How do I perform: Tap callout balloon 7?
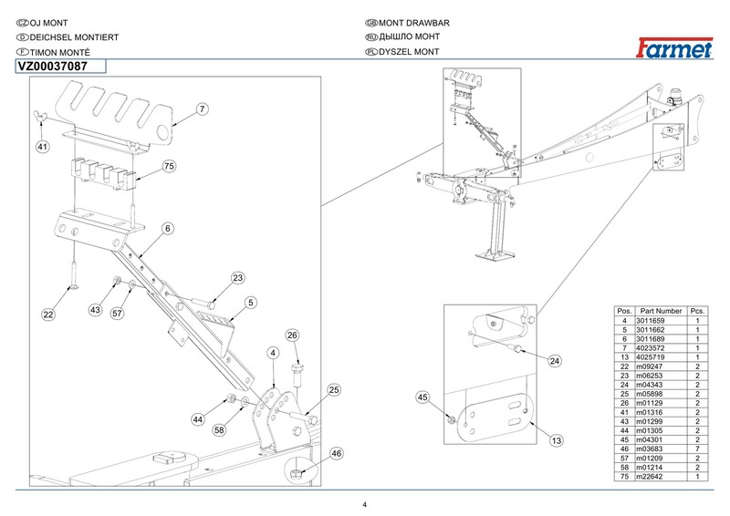coord(203,108)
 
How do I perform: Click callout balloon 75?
coord(168,166)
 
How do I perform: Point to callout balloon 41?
coord(42,145)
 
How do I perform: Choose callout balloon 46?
coord(336,453)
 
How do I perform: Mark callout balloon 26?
coord(293,335)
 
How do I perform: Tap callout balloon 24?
coord(554,361)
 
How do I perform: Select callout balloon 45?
coord(422,397)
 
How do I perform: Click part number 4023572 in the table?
coord(661,347)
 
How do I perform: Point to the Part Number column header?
coord(661,312)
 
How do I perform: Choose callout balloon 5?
coord(249,303)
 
